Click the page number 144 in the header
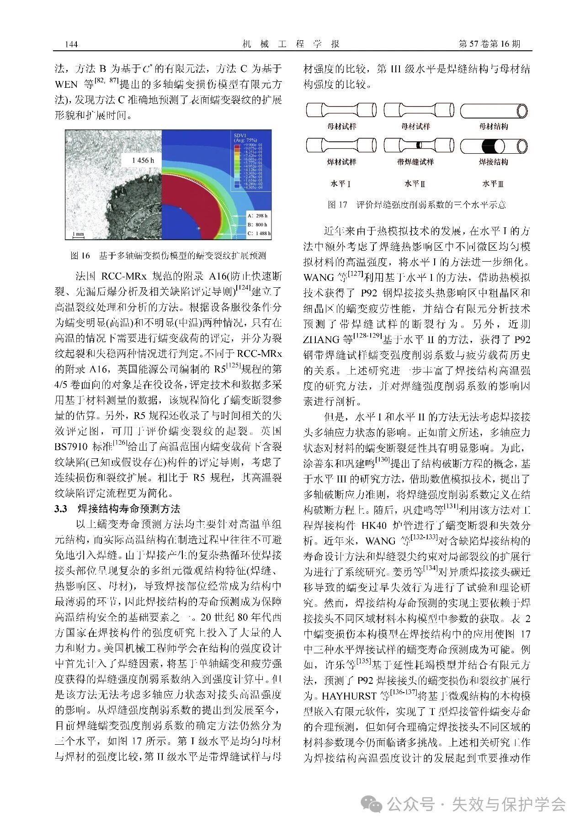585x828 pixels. pyautogui.click(x=72, y=44)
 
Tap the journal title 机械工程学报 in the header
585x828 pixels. pyautogui.click(x=291, y=44)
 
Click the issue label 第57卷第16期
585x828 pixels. pyautogui.click(x=489, y=44)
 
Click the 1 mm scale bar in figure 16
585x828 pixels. pyautogui.click(x=78, y=235)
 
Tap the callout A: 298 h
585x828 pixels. pyautogui.click(x=257, y=215)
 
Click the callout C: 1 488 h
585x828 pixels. pyautogui.click(x=259, y=233)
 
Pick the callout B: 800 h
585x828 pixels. pyautogui.click(x=257, y=225)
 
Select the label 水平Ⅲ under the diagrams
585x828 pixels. pyautogui.click(x=493, y=184)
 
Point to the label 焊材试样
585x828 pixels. pyautogui.click(x=341, y=162)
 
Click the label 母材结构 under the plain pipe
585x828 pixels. pyautogui.click(x=493, y=126)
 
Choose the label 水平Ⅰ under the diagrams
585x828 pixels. pyautogui.click(x=341, y=184)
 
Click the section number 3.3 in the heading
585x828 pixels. pyautogui.click(x=61, y=509)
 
